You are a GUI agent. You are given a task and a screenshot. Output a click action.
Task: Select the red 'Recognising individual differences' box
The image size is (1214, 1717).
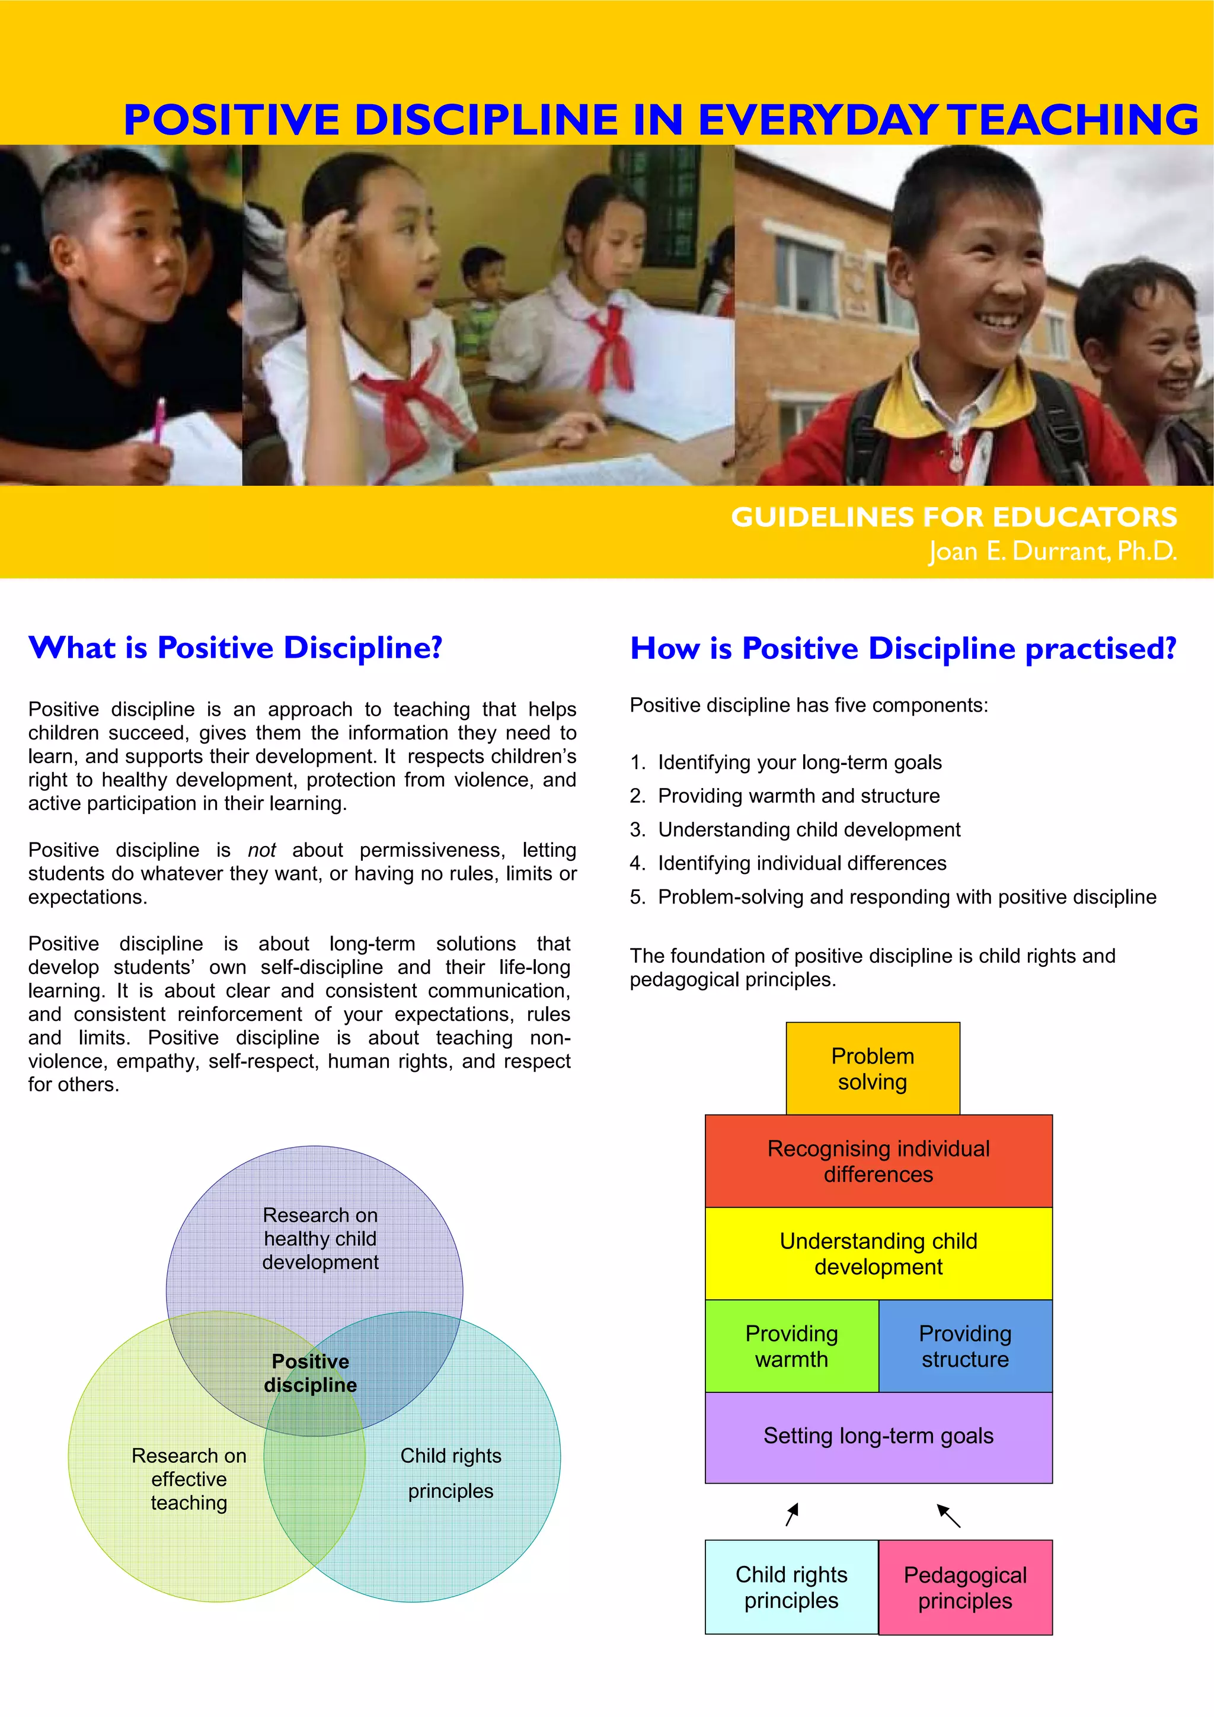pyautogui.click(x=878, y=1161)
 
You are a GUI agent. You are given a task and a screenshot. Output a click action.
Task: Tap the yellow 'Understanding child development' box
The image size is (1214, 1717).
pyautogui.click(x=878, y=1253)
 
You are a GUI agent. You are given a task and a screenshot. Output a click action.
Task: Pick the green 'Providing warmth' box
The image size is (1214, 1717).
pyautogui.click(x=791, y=1346)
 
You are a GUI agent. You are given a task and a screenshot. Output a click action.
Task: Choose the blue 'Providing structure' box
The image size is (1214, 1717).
pyautogui.click(x=965, y=1346)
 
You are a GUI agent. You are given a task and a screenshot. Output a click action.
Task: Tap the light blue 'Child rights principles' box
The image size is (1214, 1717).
pyautogui.click(x=791, y=1587)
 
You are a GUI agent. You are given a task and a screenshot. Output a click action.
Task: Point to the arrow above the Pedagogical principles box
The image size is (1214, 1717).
pyautogui.click(x=948, y=1515)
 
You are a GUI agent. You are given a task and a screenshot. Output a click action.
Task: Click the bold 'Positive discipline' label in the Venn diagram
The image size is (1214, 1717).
pyautogui.click(x=311, y=1373)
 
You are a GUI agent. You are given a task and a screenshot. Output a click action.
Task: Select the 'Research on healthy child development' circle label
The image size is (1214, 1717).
pyautogui.click(x=320, y=1238)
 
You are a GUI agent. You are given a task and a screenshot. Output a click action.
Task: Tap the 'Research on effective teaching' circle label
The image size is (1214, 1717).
pyautogui.click(x=189, y=1479)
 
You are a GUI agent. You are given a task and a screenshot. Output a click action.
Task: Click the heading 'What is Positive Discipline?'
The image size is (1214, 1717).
pyautogui.click(x=235, y=648)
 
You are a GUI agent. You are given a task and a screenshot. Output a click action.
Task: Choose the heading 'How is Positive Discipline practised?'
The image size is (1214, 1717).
pyautogui.click(x=903, y=648)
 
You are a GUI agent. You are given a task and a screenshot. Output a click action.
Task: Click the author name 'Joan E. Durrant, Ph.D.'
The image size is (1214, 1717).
pyautogui.click(x=1052, y=551)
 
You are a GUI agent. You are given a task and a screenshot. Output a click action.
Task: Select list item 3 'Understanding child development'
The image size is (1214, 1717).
pyautogui.click(x=809, y=829)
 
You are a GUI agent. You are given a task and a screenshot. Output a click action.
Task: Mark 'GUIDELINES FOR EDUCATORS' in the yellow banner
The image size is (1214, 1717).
pyautogui.click(x=954, y=517)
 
